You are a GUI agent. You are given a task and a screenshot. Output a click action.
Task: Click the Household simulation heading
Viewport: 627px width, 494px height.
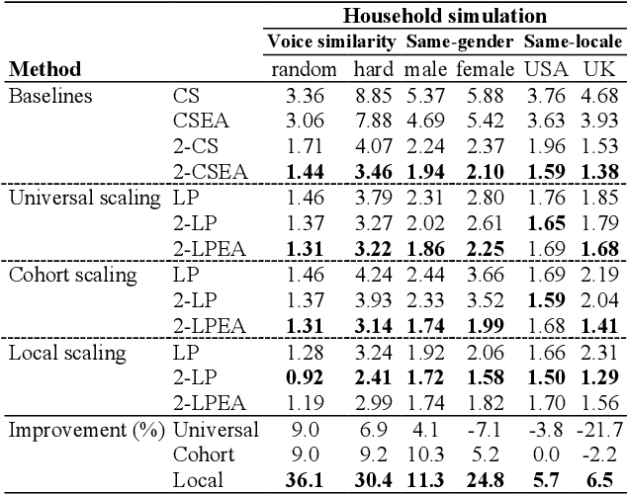click(x=445, y=16)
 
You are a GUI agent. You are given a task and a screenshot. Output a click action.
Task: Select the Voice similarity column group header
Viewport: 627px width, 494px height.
click(x=331, y=42)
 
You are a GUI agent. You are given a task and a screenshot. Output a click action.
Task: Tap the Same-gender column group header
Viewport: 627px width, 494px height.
click(x=458, y=42)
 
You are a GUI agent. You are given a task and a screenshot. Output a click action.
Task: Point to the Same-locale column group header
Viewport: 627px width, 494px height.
click(x=573, y=42)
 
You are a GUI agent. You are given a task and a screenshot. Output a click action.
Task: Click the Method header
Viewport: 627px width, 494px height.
click(x=45, y=69)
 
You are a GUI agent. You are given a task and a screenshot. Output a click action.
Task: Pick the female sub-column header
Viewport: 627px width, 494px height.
click(x=484, y=69)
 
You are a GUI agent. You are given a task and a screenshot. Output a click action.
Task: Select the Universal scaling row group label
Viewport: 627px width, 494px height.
click(x=84, y=198)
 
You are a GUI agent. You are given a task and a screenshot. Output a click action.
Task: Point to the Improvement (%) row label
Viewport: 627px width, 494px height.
click(x=84, y=430)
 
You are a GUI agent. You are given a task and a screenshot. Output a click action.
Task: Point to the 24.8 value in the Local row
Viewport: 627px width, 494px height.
click(x=486, y=481)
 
